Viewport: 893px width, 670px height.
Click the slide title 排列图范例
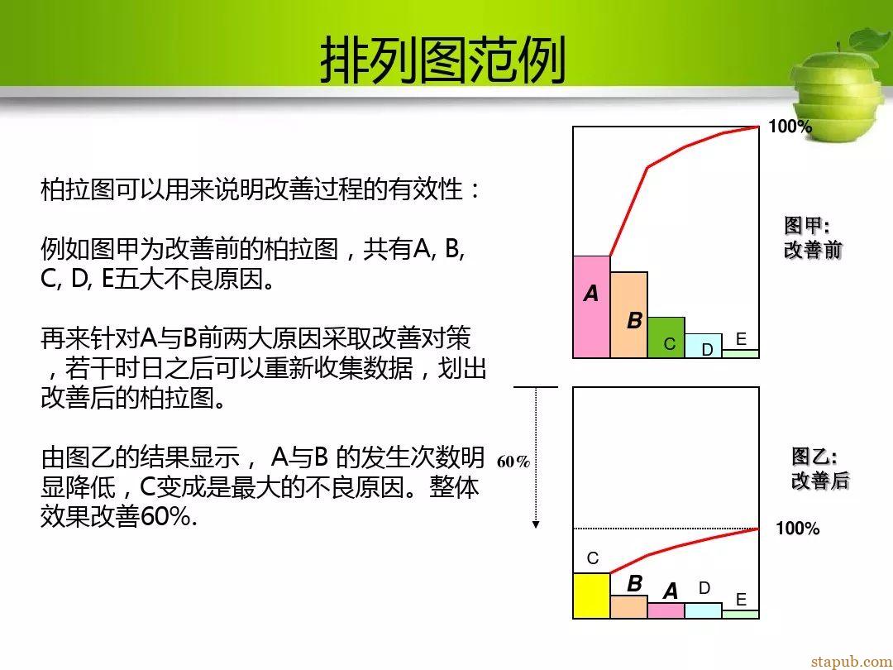(x=443, y=60)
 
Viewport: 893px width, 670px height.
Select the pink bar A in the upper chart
(x=592, y=307)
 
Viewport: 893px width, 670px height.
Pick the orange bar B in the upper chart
(x=628, y=315)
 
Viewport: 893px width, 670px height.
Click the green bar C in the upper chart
(x=666, y=337)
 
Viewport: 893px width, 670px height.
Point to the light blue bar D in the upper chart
(x=704, y=346)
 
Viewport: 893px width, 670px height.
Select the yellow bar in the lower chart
(x=592, y=596)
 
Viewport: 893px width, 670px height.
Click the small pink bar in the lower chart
(x=666, y=610)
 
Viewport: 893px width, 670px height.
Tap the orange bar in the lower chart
(x=628, y=607)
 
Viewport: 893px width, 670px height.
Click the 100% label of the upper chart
(x=790, y=127)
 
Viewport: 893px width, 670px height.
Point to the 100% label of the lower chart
(x=797, y=529)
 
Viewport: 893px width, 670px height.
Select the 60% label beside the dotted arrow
(x=513, y=462)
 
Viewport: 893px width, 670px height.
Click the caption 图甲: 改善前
(x=812, y=237)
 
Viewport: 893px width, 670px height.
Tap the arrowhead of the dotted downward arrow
(x=535, y=524)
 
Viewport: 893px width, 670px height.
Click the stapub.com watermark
(x=852, y=661)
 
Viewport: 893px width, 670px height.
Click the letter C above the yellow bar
(x=592, y=558)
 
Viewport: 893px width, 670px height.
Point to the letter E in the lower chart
(x=741, y=600)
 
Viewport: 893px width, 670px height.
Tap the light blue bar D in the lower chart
(x=704, y=610)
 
